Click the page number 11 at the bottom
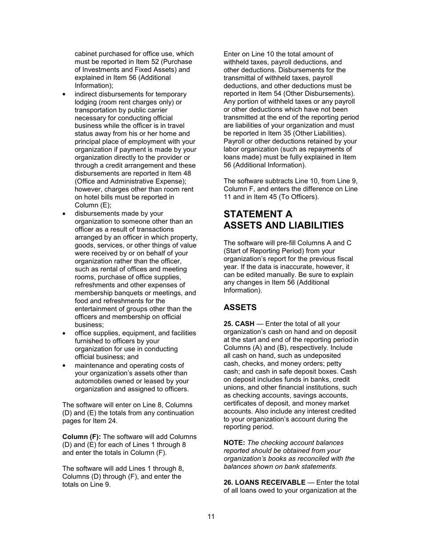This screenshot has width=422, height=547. [211, 516]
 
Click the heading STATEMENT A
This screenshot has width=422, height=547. [258, 214]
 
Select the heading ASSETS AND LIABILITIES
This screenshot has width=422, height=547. [283, 225]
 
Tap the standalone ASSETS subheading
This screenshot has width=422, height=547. [240, 307]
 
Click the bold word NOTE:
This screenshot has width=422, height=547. [234, 443]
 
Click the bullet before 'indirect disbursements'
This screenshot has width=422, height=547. [65, 94]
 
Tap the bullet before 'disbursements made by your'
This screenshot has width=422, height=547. [65, 214]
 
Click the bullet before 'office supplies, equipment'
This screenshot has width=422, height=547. [65, 333]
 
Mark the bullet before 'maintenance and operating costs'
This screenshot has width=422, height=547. [65, 365]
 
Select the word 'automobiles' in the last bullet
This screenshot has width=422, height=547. [93, 381]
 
